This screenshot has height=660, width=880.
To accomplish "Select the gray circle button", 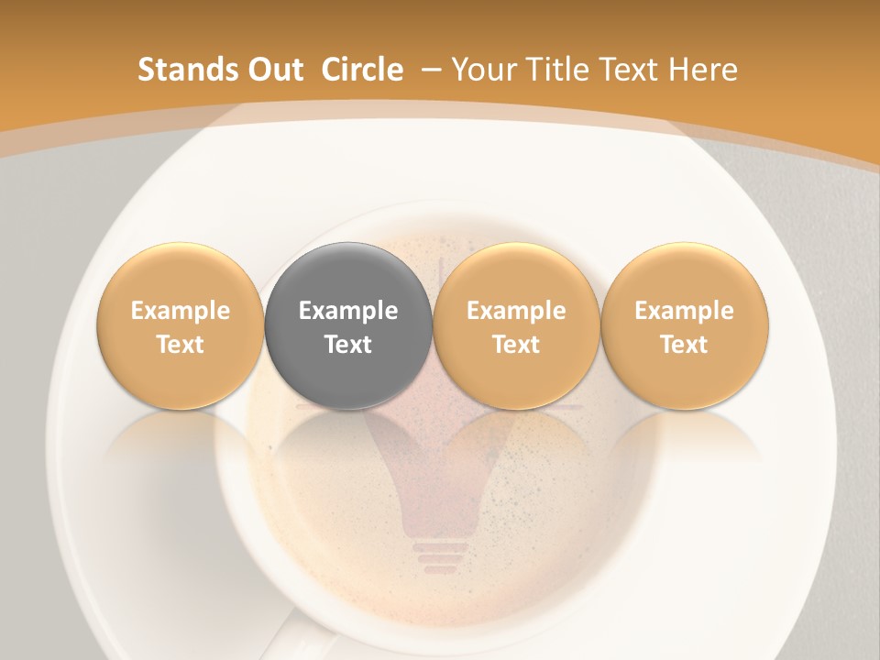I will [348, 325].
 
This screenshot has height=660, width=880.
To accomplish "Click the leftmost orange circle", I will [181, 325].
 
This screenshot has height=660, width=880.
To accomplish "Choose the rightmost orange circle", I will [685, 325].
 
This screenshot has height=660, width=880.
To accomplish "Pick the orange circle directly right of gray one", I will [516, 325].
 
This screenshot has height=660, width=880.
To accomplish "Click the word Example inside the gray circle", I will [348, 311].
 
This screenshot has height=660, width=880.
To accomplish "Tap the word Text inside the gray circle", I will [348, 345].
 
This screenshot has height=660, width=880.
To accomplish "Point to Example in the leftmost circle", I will [181, 311].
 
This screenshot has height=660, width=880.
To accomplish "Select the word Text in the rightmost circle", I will [685, 345].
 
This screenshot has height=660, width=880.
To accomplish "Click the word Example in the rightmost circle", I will [685, 311].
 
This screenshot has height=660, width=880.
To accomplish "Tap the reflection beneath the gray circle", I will [348, 435].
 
